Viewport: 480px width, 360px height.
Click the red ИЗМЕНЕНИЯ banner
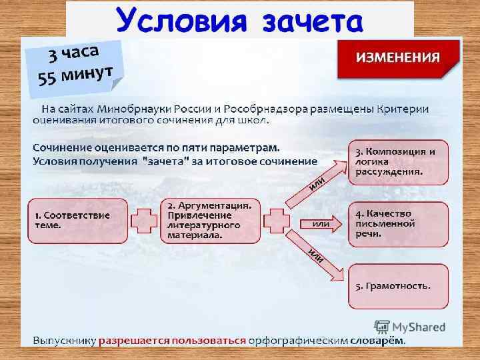pos(398,57)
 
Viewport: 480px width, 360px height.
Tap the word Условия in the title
pos(177,19)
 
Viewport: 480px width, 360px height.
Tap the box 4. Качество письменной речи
pos(398,223)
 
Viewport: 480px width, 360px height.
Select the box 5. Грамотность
pos(398,286)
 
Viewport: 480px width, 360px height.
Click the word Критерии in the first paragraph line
pos(402,109)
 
